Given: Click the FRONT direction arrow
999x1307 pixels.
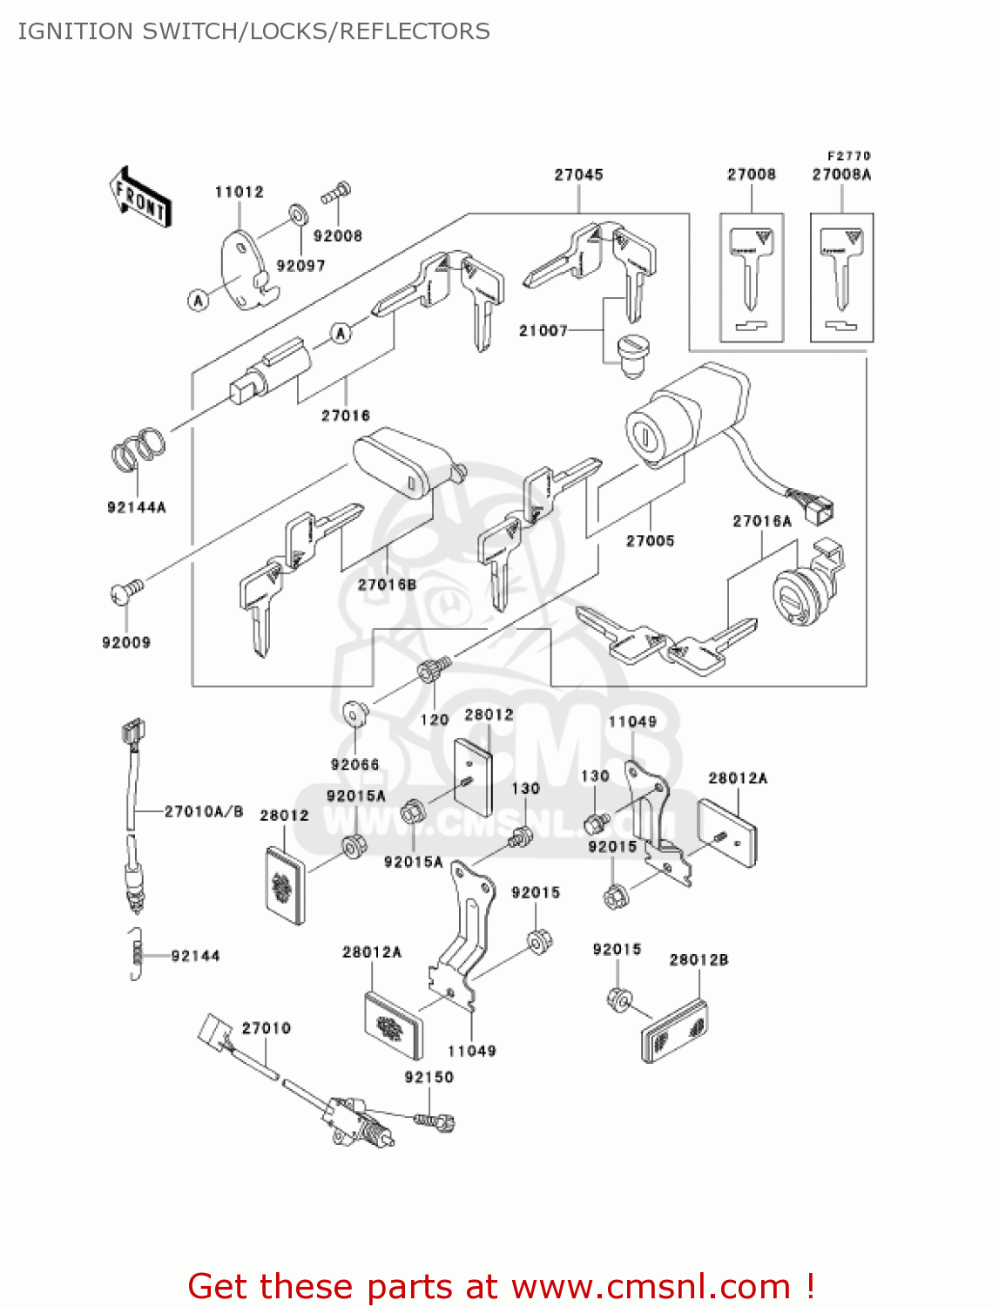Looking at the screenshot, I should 139,198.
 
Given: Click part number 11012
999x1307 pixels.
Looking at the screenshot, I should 239,192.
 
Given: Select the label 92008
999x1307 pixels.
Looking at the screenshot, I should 337,236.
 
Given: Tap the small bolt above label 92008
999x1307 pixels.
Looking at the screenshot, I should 336,193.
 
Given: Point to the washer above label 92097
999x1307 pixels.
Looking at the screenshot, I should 297,213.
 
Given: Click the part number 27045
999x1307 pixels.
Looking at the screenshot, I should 578,174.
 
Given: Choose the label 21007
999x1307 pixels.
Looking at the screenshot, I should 543,331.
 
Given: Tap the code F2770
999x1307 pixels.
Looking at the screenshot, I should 849,156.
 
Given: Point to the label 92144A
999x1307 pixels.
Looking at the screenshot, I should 136,507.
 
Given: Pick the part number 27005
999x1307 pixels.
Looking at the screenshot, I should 650,541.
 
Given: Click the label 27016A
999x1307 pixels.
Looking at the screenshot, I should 762,521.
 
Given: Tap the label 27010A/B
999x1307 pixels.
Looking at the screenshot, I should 204,811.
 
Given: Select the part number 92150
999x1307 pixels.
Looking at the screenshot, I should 429,1077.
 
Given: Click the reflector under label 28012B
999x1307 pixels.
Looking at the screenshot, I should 674,1031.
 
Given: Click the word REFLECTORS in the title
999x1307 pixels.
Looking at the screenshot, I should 415,31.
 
